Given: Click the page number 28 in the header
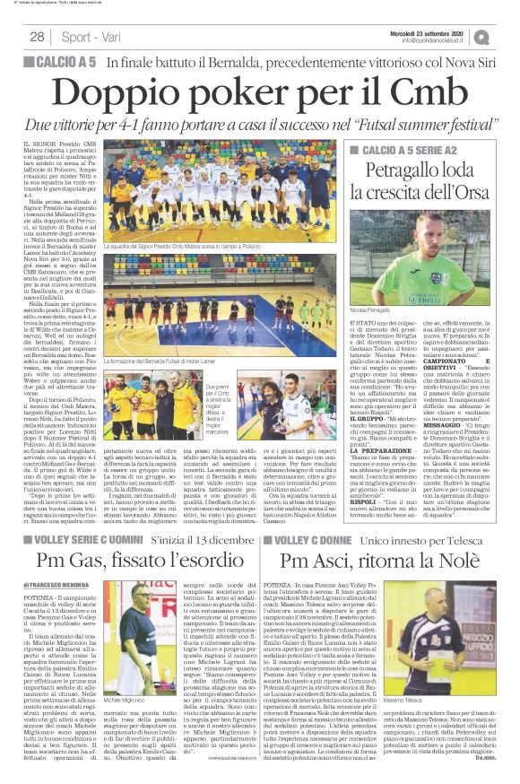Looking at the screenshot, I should pos(37,37).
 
